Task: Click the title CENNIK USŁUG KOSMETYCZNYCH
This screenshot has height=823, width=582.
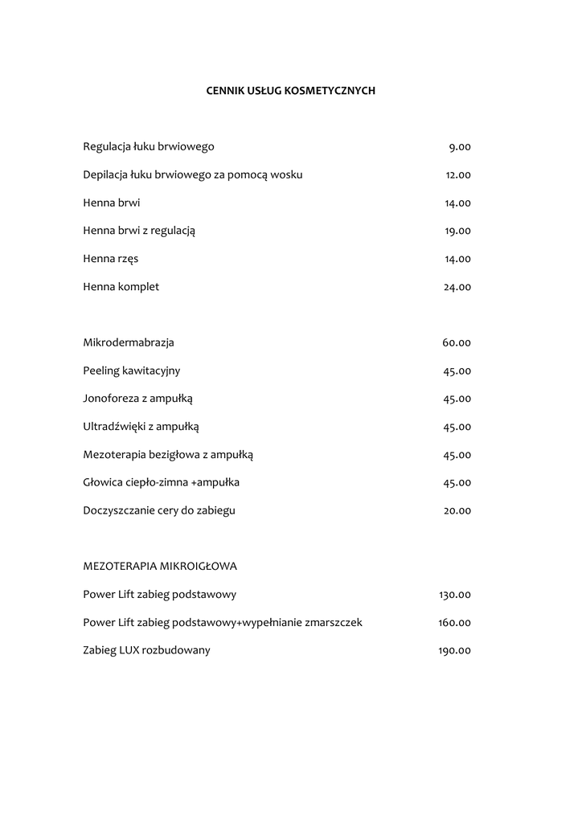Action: click(x=291, y=91)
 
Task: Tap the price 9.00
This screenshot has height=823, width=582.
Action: click(x=460, y=147)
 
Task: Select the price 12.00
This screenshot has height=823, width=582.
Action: click(x=458, y=175)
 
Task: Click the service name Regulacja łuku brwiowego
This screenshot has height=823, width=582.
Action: click(x=149, y=146)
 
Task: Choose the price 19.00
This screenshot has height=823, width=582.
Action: click(x=457, y=231)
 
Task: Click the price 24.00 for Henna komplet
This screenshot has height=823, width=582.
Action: click(x=457, y=287)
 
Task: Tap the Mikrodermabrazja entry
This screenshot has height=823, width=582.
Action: click(x=129, y=342)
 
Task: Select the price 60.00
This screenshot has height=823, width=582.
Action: click(x=457, y=343)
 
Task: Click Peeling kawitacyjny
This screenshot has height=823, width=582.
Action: click(x=132, y=371)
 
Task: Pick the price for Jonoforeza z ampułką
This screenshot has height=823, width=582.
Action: click(x=457, y=399)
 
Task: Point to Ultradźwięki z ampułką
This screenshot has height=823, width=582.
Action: click(x=141, y=427)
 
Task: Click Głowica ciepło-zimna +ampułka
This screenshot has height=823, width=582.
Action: click(x=161, y=482)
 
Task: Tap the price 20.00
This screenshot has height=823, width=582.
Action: click(x=457, y=510)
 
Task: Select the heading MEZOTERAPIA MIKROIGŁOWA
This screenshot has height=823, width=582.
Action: click(x=160, y=567)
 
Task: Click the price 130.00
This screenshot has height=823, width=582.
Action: click(x=455, y=595)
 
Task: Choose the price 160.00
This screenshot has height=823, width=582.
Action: click(x=454, y=623)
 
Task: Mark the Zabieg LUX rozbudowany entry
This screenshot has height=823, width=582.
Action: click(x=146, y=650)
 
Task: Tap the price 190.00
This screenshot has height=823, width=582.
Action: click(x=454, y=651)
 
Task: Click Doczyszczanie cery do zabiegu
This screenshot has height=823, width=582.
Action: click(x=159, y=510)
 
